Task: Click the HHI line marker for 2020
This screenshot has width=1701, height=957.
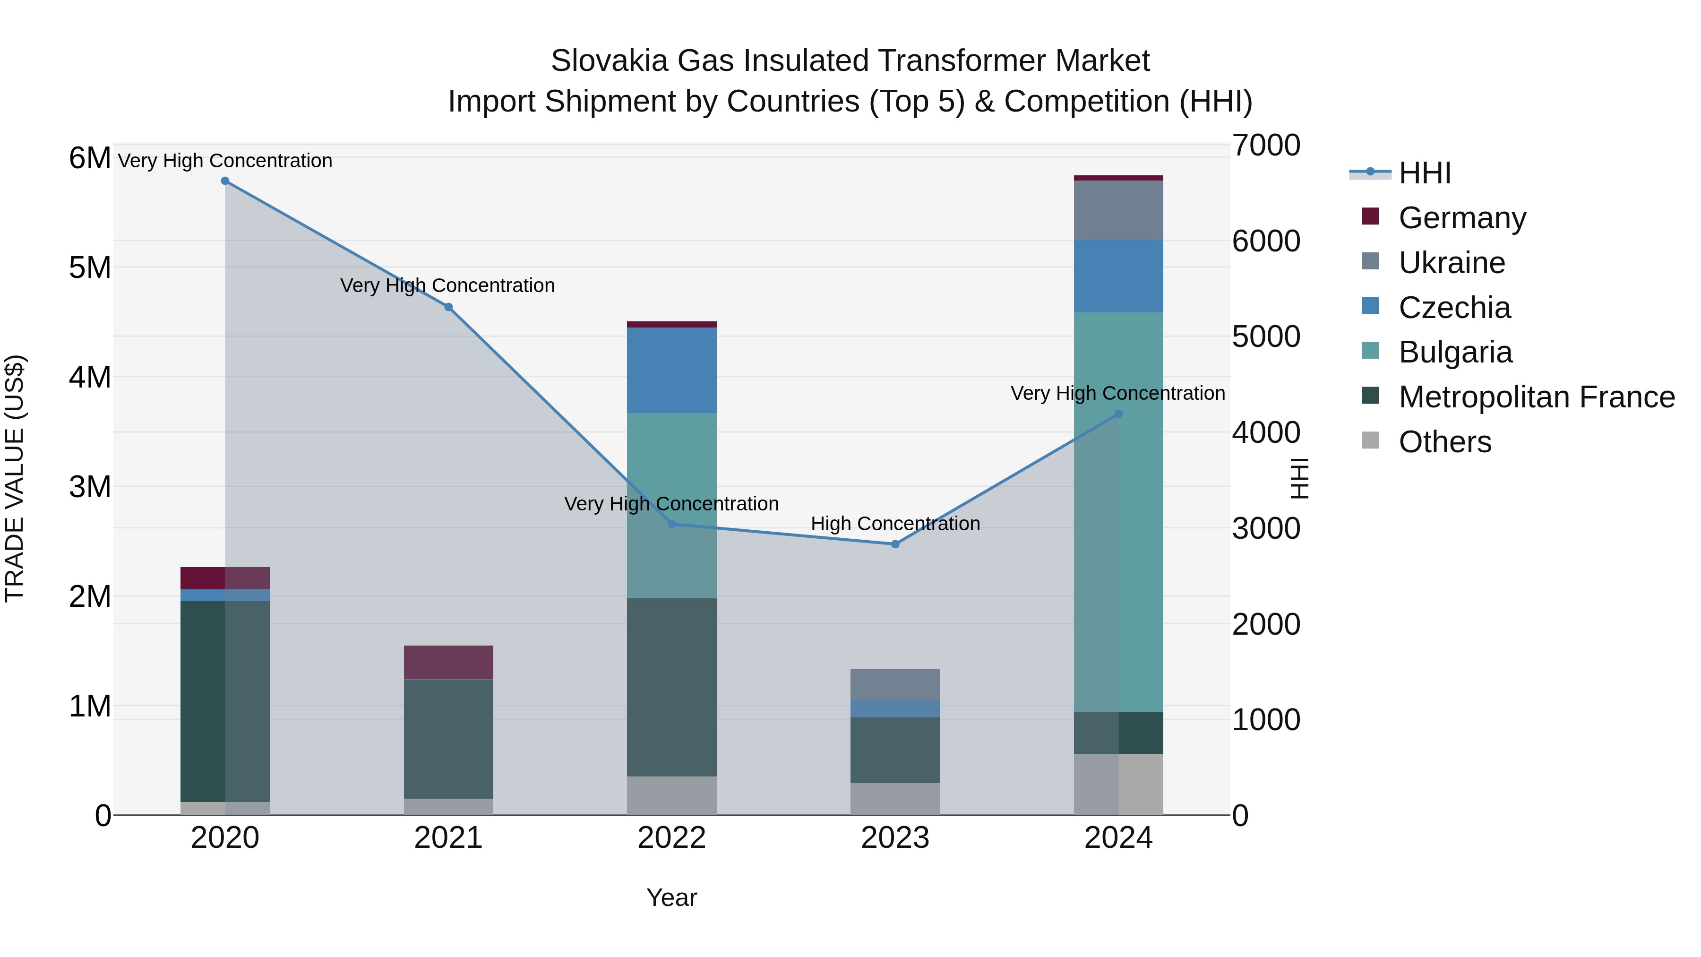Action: [225, 181]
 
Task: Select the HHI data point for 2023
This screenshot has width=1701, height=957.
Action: [895, 544]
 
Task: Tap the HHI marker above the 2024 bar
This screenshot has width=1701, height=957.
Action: [1118, 414]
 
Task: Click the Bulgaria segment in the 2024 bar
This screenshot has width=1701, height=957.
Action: [1118, 512]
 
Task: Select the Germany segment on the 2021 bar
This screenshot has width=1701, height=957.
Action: [448, 663]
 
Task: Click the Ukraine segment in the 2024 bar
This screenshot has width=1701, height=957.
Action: [1118, 210]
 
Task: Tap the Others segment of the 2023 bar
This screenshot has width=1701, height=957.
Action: [895, 799]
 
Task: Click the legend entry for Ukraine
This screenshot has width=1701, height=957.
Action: [1452, 263]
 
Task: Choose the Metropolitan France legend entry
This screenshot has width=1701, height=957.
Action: [1536, 397]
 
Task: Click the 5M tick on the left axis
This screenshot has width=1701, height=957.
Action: [90, 268]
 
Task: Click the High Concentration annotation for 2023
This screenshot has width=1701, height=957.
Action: [895, 524]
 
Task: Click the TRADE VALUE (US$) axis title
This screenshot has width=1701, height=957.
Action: [15, 478]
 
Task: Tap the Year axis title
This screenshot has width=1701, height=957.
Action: [671, 897]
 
